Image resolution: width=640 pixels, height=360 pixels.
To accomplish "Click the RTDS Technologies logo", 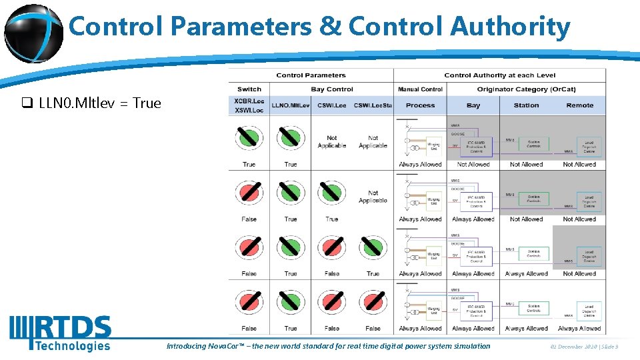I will click(60, 333).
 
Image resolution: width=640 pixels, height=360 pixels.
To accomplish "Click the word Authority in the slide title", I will click(510, 27).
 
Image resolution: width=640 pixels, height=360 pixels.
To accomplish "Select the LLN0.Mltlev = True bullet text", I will click(100, 103).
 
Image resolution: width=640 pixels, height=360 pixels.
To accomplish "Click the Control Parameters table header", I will click(311, 75).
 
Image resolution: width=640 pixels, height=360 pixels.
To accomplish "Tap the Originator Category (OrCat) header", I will click(526, 89).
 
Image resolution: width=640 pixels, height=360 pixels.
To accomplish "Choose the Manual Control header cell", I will click(420, 89).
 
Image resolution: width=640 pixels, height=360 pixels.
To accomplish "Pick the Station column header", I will click(526, 105).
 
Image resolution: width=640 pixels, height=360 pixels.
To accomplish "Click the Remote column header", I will click(579, 105).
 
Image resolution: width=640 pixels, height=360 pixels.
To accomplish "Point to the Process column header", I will click(420, 105).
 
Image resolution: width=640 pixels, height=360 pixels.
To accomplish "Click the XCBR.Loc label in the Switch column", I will click(249, 101).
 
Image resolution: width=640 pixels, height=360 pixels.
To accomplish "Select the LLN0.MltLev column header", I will click(291, 105).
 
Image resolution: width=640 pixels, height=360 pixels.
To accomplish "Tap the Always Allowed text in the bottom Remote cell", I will click(579, 329).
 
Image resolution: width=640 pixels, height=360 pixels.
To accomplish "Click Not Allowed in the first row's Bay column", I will click(473, 165).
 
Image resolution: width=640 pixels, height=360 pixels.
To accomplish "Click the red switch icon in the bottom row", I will click(249, 302).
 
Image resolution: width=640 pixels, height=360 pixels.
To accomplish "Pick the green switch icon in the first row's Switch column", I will click(249, 138).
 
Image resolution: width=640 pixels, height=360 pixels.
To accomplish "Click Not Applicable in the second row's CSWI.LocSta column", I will click(373, 197).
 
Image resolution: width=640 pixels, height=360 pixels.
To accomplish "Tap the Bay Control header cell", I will click(331, 89).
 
